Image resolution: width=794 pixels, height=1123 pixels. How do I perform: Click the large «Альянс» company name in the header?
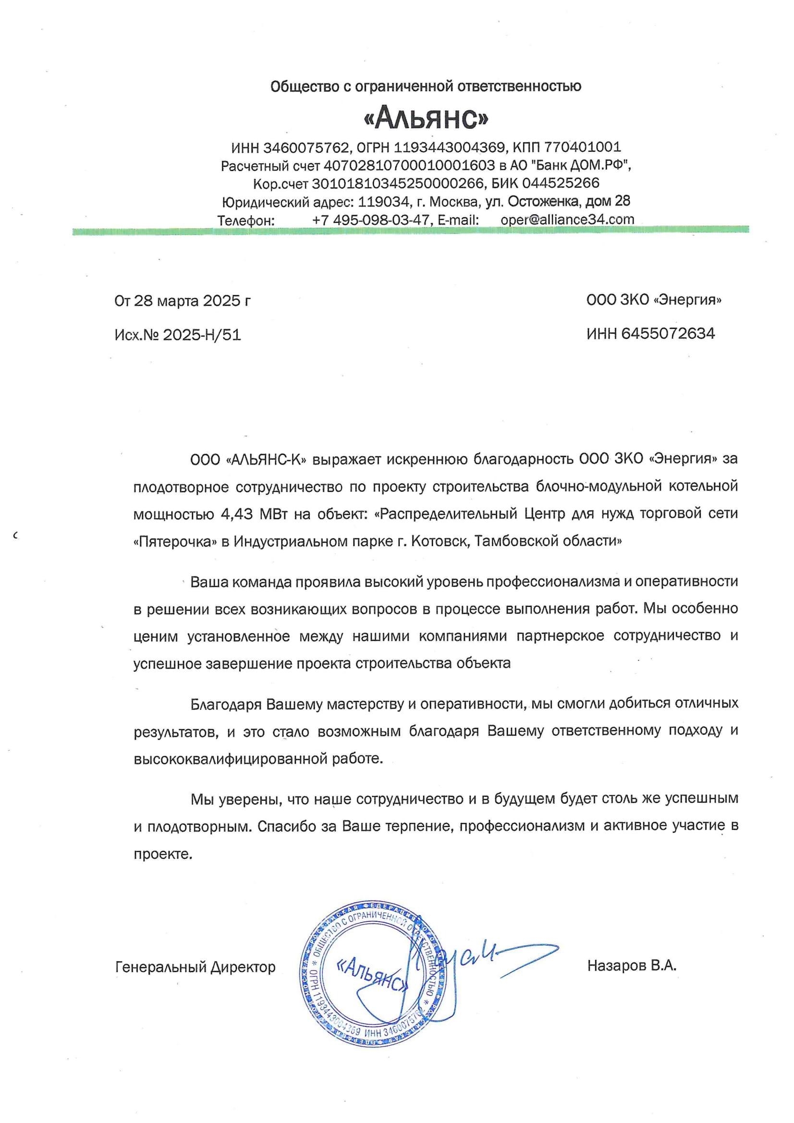(x=426, y=118)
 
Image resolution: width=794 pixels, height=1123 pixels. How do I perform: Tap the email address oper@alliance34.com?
(x=567, y=220)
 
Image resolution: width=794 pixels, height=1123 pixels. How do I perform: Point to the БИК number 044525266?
(x=561, y=183)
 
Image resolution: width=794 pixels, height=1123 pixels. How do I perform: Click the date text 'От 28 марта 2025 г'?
(x=183, y=301)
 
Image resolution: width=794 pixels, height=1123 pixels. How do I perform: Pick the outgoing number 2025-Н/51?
(x=202, y=335)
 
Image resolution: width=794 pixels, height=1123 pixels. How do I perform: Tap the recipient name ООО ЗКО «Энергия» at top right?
(x=654, y=300)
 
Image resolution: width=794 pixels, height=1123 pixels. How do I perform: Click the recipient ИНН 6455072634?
(x=668, y=334)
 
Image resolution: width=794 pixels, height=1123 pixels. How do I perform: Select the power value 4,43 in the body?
(x=237, y=514)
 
